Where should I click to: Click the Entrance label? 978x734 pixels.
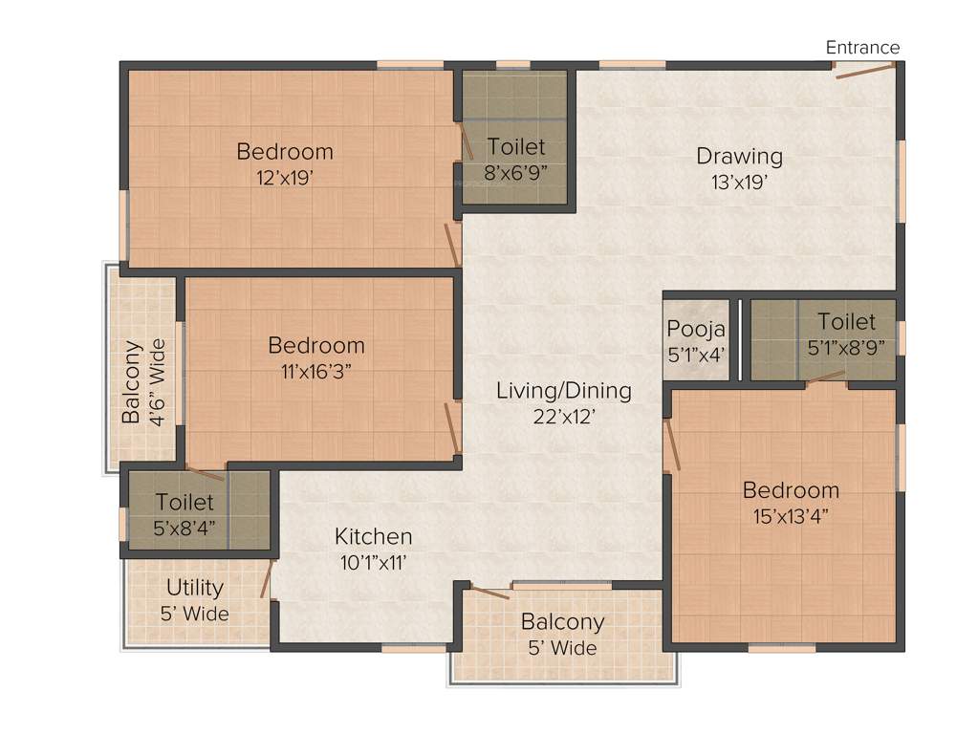pyautogui.click(x=862, y=47)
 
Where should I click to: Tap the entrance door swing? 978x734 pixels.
pyautogui.click(x=864, y=71)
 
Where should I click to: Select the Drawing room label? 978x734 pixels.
pyautogui.click(x=739, y=156)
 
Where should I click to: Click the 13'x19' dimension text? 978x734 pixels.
pyautogui.click(x=739, y=182)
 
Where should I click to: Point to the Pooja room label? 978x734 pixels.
pyautogui.click(x=696, y=330)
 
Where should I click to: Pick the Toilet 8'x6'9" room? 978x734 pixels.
pyautogui.click(x=516, y=159)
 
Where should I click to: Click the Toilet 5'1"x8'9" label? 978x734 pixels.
pyautogui.click(x=846, y=334)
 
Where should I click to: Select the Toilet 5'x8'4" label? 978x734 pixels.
pyautogui.click(x=185, y=514)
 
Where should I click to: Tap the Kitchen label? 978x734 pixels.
pyautogui.click(x=373, y=536)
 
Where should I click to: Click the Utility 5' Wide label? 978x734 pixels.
pyautogui.click(x=195, y=599)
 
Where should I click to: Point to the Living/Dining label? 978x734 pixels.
pyautogui.click(x=563, y=390)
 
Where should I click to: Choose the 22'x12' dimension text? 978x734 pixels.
pyautogui.click(x=563, y=416)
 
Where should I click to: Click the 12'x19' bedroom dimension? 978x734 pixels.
pyautogui.click(x=285, y=177)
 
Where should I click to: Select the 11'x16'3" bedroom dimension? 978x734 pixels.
pyautogui.click(x=316, y=371)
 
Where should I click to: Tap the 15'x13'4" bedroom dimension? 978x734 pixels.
pyautogui.click(x=791, y=516)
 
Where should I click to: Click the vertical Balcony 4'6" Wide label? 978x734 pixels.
pyautogui.click(x=142, y=381)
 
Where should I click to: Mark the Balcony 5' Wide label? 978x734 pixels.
pyautogui.click(x=562, y=634)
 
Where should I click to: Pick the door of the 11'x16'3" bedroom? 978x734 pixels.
pyautogui.click(x=452, y=426)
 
